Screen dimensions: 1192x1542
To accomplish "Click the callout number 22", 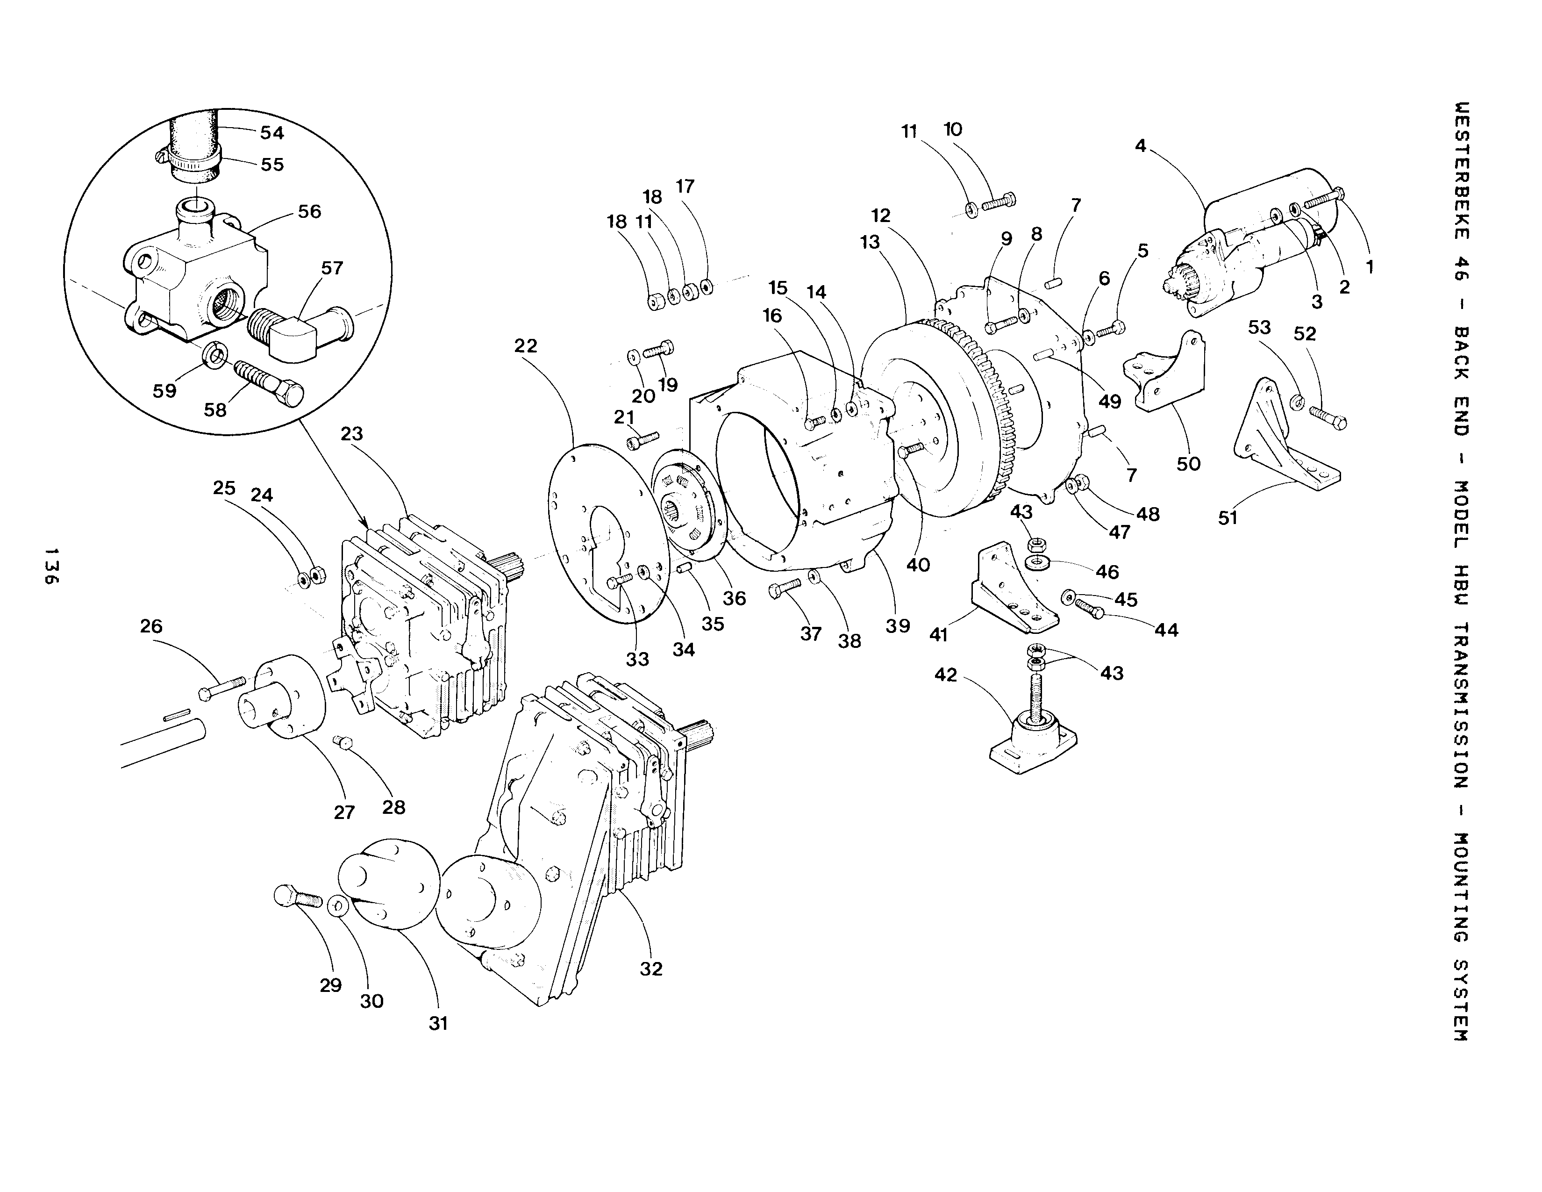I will pyautogui.click(x=526, y=346).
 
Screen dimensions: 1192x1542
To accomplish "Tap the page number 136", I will pyautogui.click(x=51, y=565).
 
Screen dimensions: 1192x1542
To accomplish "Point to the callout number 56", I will pyautogui.click(x=309, y=212).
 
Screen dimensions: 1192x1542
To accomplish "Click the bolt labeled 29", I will pyautogui.click(x=297, y=897).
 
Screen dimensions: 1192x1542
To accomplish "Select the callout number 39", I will pyautogui.click(x=897, y=625).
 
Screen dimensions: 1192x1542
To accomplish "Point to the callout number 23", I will pyautogui.click(x=351, y=434).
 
